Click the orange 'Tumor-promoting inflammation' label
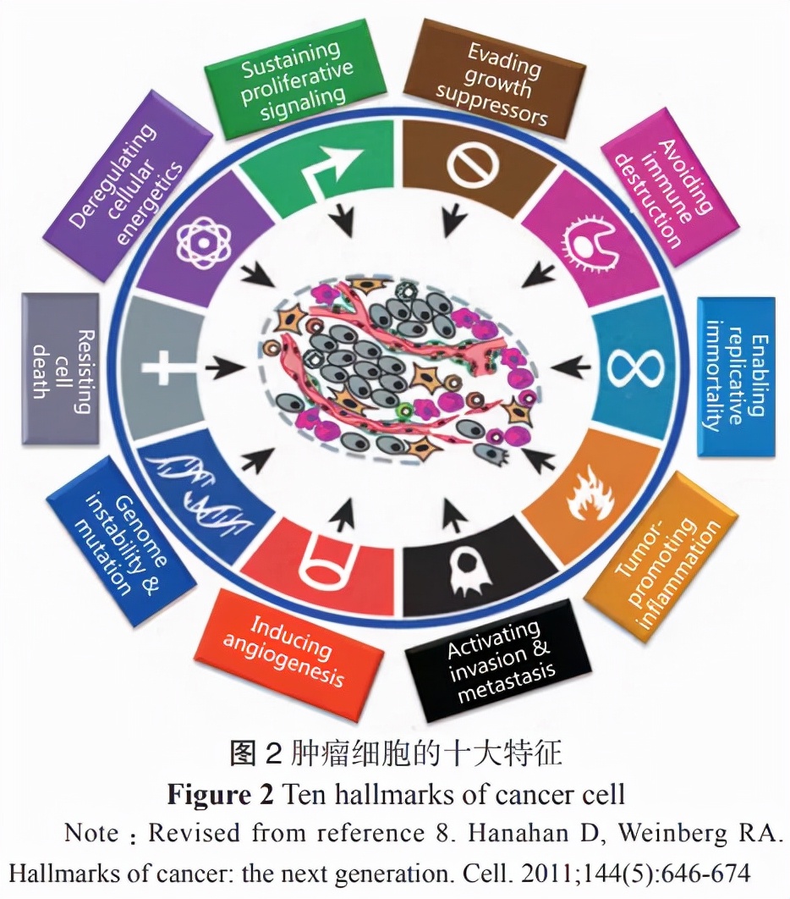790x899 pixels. (x=667, y=562)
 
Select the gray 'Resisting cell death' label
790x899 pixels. (x=60, y=369)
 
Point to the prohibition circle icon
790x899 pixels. (x=470, y=162)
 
